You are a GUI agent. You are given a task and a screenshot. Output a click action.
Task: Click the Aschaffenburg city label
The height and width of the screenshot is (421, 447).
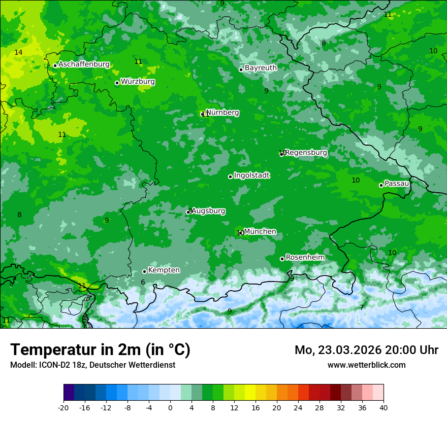pyautogui.click(x=84, y=64)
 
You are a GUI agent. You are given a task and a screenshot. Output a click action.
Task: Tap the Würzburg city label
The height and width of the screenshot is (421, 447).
pyautogui.click(x=138, y=82)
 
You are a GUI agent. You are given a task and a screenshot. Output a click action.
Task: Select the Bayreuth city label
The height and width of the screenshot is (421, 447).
pyautogui.click(x=261, y=68)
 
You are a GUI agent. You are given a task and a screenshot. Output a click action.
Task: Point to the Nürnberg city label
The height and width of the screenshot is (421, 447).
pyautogui.click(x=222, y=113)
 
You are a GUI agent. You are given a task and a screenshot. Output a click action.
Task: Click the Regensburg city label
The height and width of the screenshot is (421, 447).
pyautogui.click(x=306, y=153)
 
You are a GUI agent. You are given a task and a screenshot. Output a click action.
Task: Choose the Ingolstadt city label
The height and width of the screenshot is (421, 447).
pyautogui.click(x=251, y=176)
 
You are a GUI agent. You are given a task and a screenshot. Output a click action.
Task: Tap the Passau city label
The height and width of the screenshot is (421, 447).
pyautogui.click(x=397, y=184)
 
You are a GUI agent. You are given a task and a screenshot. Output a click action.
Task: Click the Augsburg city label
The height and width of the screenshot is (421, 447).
pyautogui.click(x=208, y=211)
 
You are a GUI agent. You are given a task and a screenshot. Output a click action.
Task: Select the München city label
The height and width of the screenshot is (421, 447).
pyautogui.click(x=260, y=232)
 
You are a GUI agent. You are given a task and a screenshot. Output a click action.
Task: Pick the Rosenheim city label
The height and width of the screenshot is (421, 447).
pyautogui.click(x=305, y=258)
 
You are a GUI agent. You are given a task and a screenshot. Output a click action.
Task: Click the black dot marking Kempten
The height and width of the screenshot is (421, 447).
pyautogui.click(x=144, y=271)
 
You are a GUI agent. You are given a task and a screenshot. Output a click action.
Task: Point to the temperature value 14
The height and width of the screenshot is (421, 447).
pyautogui.click(x=18, y=53)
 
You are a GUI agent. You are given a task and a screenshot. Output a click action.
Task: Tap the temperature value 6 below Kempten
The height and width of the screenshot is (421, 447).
pyautogui.click(x=143, y=283)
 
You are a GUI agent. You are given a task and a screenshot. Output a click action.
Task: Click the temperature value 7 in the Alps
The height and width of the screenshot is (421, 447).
pyautogui.click(x=362, y=307)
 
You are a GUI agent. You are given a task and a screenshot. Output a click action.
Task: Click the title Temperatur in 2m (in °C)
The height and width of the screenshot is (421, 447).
pyautogui.click(x=100, y=349)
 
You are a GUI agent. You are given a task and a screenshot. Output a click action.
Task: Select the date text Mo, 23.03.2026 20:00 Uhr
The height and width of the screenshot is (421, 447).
pyautogui.click(x=366, y=350)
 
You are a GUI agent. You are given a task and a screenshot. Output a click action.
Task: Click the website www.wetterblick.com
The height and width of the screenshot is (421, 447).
pyautogui.click(x=366, y=365)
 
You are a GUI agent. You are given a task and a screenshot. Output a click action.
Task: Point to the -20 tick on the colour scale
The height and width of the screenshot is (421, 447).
pyautogui.click(x=63, y=408)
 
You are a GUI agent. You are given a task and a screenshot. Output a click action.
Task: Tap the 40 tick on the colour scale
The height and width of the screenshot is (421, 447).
pyautogui.click(x=384, y=408)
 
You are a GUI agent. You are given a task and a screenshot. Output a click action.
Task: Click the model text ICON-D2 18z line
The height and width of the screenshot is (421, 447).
pyautogui.click(x=92, y=365)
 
